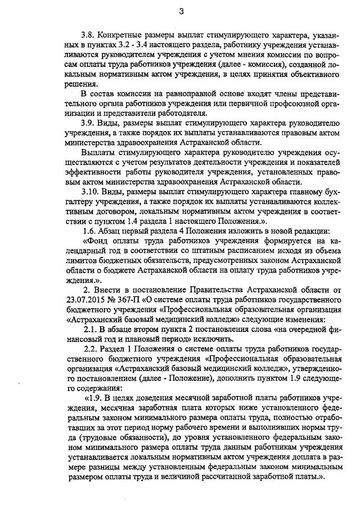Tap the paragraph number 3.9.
[x=88, y=122]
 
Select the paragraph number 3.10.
[x=91, y=191]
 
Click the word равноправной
[x=178, y=93]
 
